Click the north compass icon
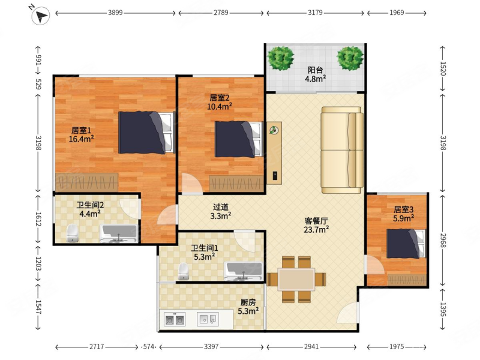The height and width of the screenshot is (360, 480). point(40,16)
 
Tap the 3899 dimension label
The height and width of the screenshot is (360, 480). point(115,13)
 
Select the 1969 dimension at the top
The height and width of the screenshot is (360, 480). point(397,13)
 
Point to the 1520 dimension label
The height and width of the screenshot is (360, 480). point(443,68)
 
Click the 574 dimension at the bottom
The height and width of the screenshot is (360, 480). point(149,347)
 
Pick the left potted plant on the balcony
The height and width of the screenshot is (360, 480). point(280,58)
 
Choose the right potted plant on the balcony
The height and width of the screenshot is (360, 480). point(350,58)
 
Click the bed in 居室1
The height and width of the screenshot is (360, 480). point(146,132)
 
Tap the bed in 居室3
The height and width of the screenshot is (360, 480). point(406,244)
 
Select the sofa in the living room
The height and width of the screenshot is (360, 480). point(342,150)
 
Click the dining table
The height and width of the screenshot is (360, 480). point(296,279)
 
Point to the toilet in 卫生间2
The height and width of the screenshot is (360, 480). point(72,233)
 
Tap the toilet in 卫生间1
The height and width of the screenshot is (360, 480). point(184,271)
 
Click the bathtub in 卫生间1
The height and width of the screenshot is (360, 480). point(244,271)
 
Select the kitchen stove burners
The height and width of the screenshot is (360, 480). point(175,319)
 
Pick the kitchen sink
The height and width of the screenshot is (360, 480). point(208,319)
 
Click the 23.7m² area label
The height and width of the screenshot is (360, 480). point(316,229)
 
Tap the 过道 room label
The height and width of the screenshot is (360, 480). point(221,207)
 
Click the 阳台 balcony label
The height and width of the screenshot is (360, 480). point(316,70)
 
